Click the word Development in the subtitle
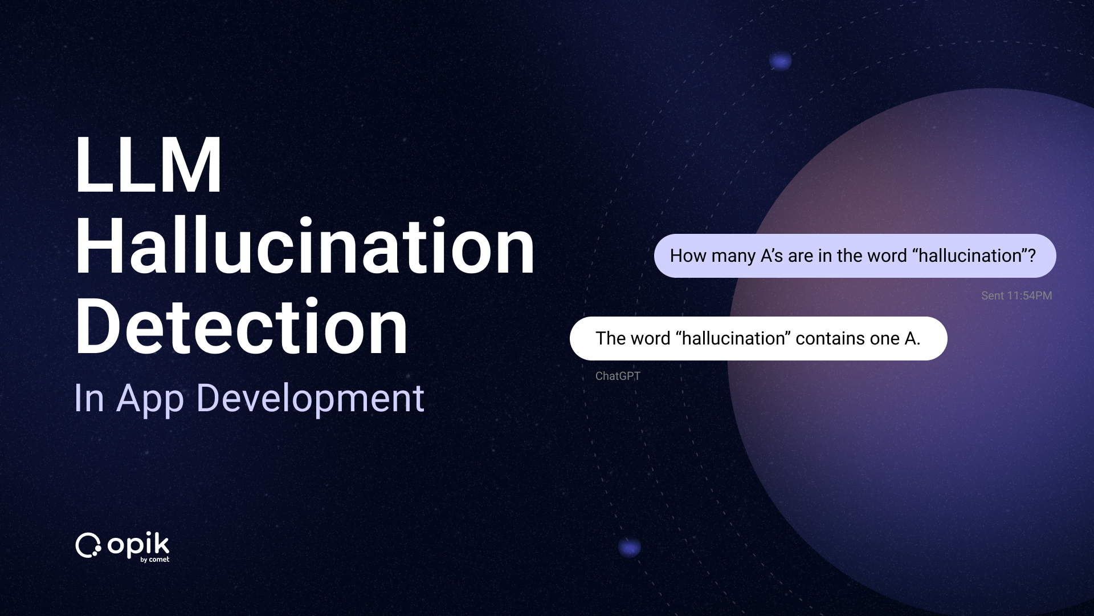point(310,398)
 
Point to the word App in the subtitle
point(150,399)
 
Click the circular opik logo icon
point(88,546)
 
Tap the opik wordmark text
point(138,545)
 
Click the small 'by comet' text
point(155,560)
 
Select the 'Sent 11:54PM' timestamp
point(1017,295)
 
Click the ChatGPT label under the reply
point(618,376)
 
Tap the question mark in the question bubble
point(1031,256)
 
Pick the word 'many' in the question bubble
point(733,256)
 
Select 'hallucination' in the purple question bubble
point(970,256)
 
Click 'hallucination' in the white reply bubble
point(734,338)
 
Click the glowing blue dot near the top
point(781,60)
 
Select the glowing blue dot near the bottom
point(630,548)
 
